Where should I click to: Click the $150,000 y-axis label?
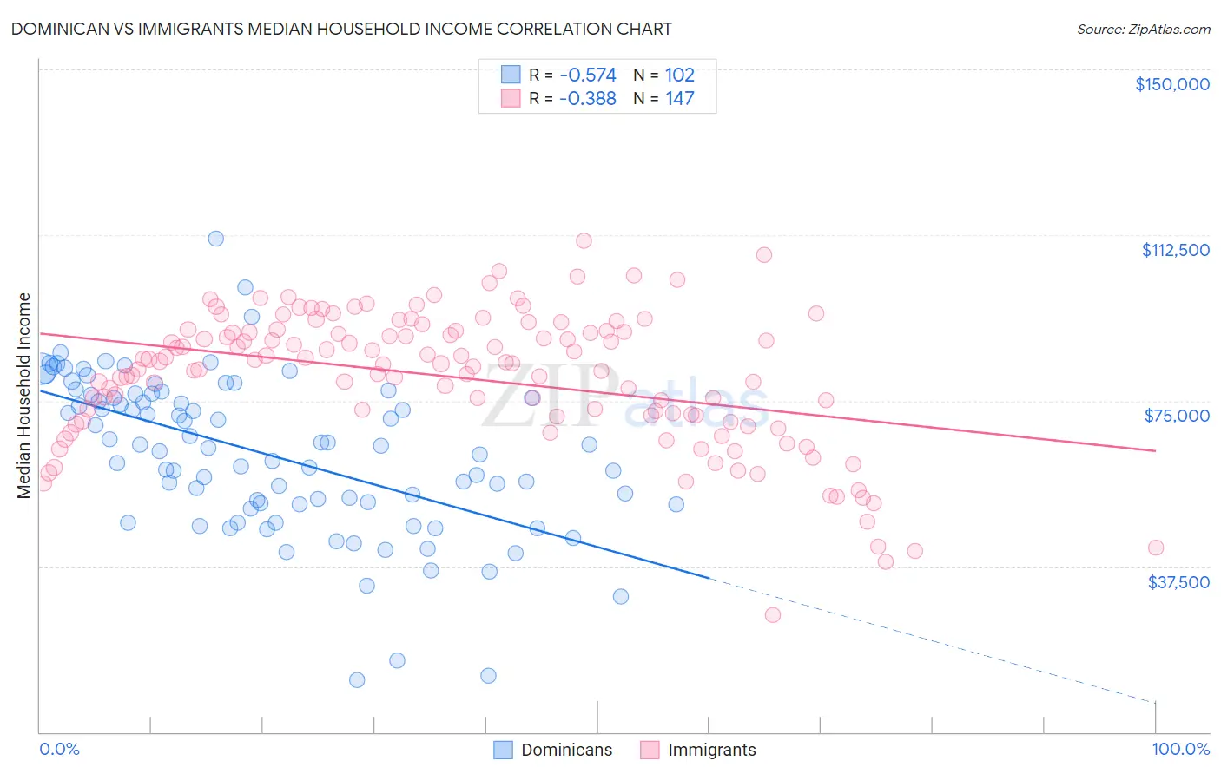coord(1171,84)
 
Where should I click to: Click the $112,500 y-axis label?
coord(1175,250)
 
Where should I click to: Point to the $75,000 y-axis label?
coord(1177,416)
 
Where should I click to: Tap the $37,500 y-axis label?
coord(1178,582)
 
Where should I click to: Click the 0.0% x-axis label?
coord(59,750)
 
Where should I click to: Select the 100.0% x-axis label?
coord(1180,750)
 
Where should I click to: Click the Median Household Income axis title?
coord(24,396)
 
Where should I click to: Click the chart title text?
coord(341,29)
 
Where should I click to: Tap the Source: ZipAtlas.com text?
coord(1143,30)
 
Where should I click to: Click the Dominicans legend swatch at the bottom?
coord(504,750)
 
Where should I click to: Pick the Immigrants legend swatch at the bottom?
coord(650,750)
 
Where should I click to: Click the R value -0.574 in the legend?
coord(587,75)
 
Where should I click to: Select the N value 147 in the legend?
coord(679,99)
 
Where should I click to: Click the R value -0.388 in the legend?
coord(587,99)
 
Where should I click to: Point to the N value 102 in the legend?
coord(679,75)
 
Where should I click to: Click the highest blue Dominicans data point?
coord(216,239)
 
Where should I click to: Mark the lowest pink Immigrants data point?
coord(773,615)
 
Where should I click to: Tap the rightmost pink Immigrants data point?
coord(1156,548)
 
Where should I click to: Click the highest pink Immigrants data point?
coord(584,240)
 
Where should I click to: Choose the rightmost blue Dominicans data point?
coord(676,504)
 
